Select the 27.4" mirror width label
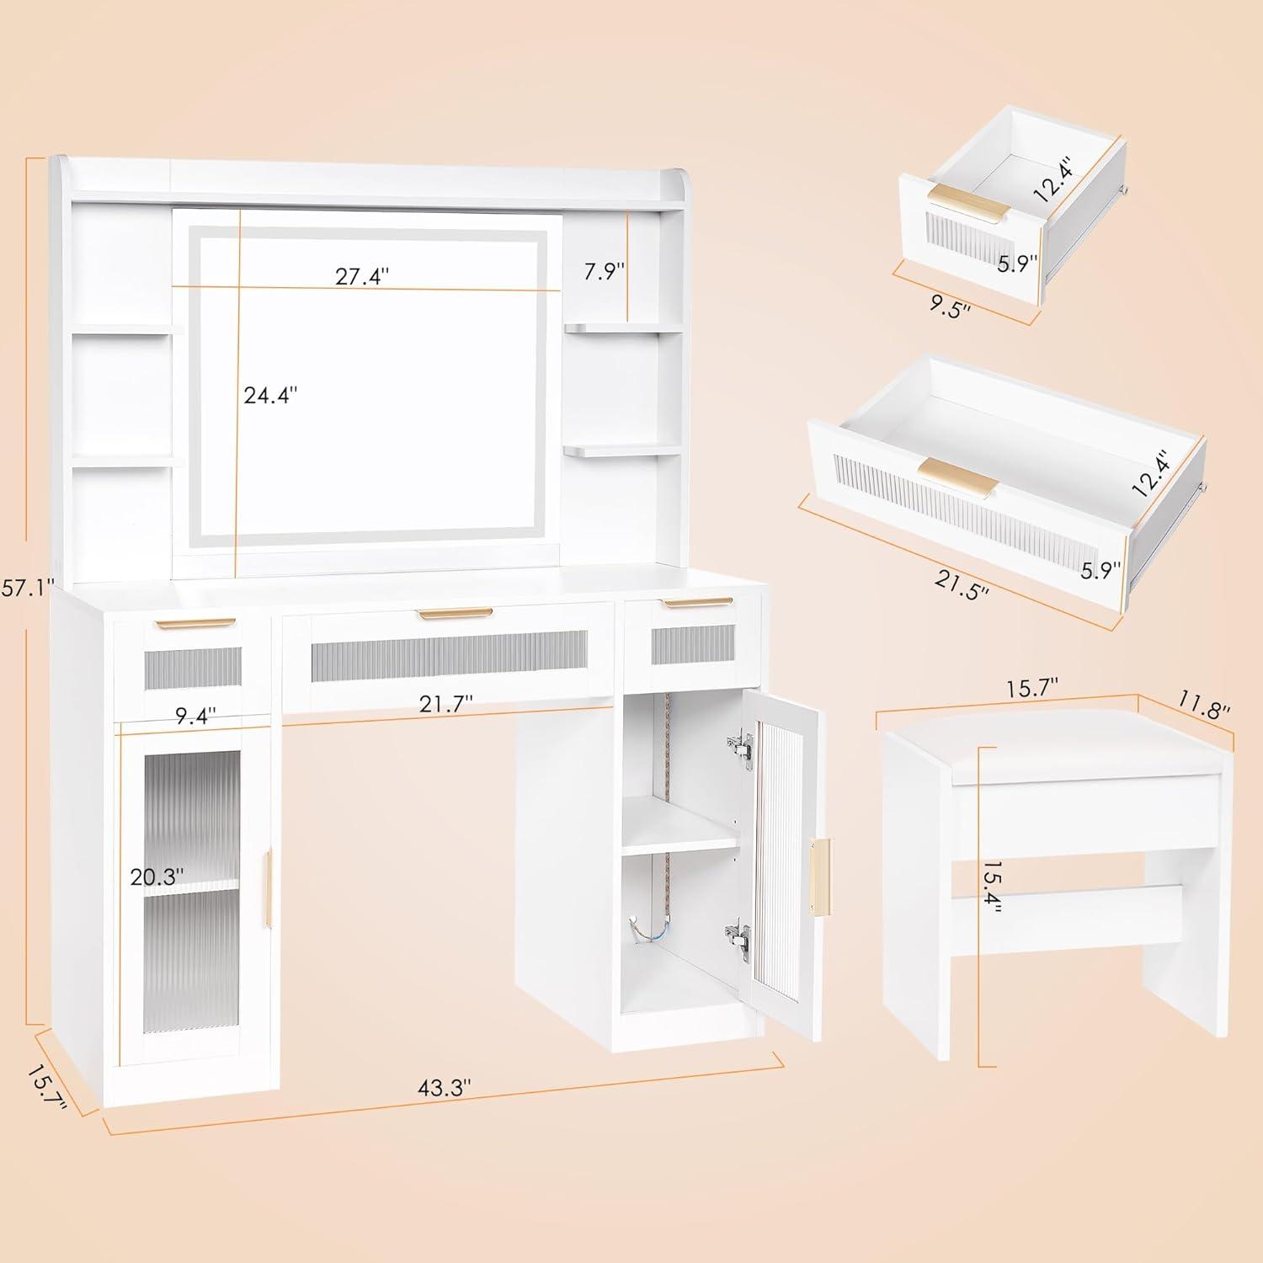[363, 276]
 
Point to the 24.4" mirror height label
[270, 395]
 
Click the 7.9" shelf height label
[605, 272]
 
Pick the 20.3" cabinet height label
[157, 877]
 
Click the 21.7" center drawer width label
[445, 703]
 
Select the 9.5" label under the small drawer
[950, 306]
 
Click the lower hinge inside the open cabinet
[738, 935]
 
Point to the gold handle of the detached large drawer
[958, 476]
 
